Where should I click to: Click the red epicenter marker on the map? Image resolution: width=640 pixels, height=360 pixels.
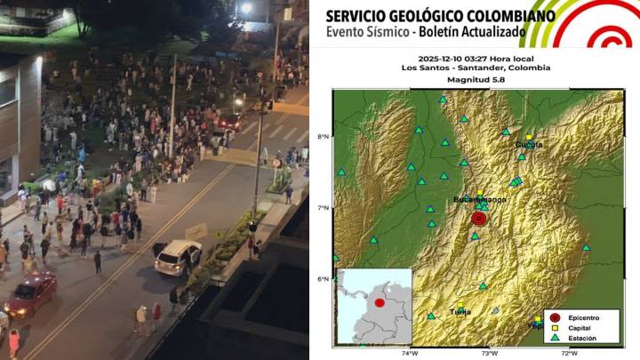[x=479, y=218]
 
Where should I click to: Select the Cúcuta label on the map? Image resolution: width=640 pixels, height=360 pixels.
[x=528, y=144]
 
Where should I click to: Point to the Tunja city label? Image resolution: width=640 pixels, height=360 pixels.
[x=460, y=312]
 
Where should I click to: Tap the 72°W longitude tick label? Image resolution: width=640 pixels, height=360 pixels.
[x=569, y=352]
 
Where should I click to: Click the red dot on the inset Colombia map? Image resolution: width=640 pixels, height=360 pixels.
[x=380, y=303]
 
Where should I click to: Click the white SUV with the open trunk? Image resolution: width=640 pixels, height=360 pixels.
[x=178, y=257]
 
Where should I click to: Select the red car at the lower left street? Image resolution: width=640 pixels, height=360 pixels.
[x=30, y=294]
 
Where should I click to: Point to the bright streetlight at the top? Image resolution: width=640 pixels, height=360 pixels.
[x=246, y=8]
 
